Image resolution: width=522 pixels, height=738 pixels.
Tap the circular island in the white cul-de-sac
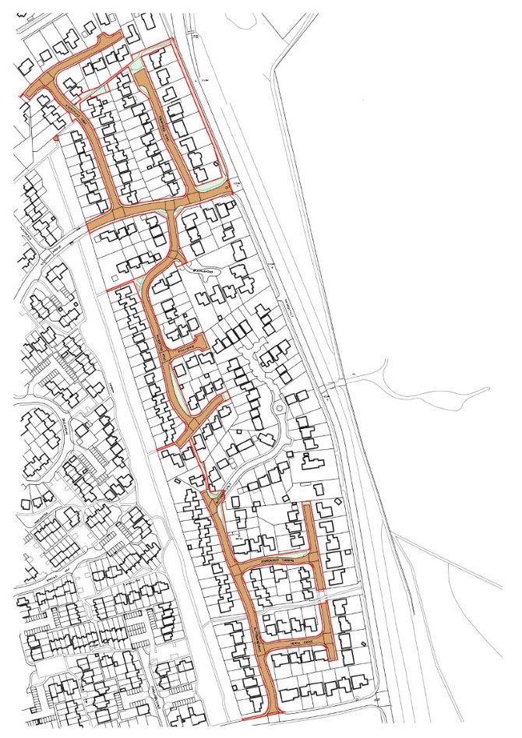[x=279, y=408]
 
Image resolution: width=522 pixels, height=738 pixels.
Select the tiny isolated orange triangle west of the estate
[x=56, y=138]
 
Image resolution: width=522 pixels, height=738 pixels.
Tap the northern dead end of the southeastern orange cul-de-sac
[x=308, y=507]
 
